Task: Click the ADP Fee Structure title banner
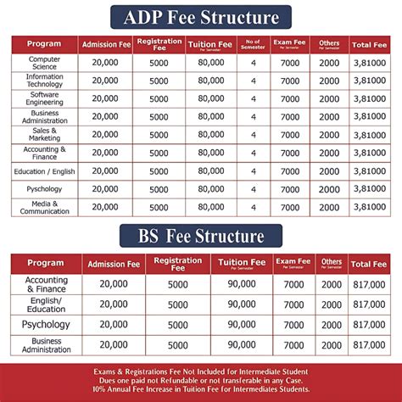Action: (201, 17)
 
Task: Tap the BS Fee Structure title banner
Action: (201, 235)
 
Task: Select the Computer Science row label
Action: (44, 63)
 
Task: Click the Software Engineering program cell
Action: (44, 98)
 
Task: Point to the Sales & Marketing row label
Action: (44, 135)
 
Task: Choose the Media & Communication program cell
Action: (44, 207)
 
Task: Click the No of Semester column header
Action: (252, 43)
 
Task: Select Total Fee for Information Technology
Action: (370, 81)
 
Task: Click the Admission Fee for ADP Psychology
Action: (104, 189)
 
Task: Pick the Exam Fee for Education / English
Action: (290, 170)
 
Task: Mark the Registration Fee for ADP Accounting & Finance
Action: (159, 153)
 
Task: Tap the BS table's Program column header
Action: (46, 264)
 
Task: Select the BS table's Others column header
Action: (332, 264)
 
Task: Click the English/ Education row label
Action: (46, 304)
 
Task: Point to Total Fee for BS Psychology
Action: (369, 325)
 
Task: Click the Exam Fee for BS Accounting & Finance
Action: (293, 284)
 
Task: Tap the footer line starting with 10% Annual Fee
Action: (201, 390)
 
